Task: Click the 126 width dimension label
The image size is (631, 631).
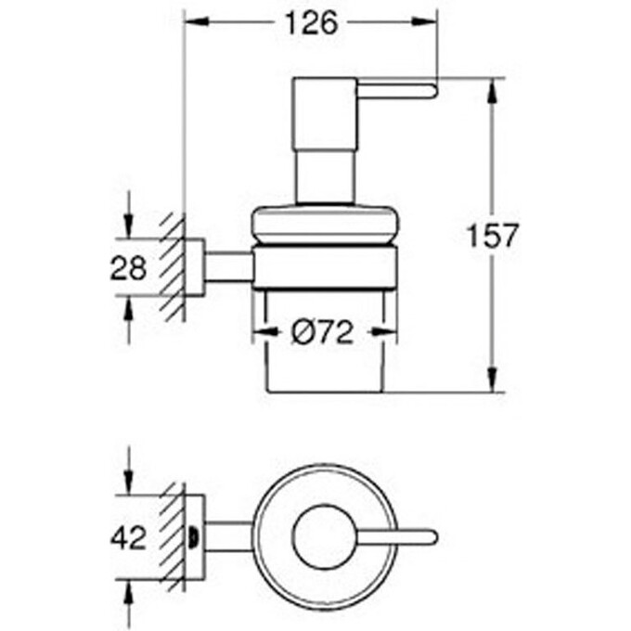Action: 311,23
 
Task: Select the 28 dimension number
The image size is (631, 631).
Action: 129,269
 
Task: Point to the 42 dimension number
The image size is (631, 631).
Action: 129,536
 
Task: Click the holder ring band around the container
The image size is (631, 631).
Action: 325,269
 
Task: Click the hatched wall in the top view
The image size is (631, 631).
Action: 173,536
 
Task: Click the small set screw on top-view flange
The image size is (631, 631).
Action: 193,536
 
